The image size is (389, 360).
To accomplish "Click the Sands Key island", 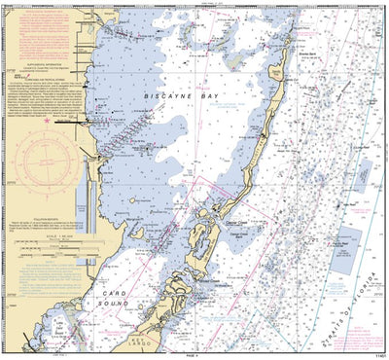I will [x=280, y=76].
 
